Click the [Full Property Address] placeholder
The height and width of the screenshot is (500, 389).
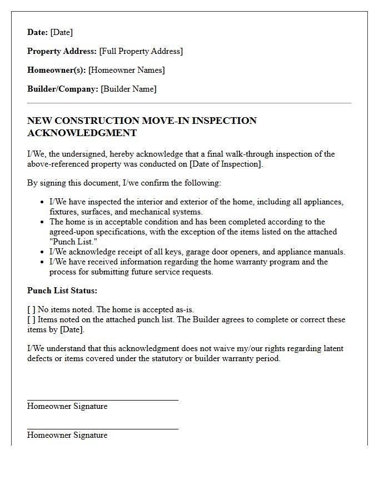click(141, 51)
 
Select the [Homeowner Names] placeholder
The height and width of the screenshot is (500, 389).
click(126, 70)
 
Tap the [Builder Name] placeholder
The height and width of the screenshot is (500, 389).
click(128, 89)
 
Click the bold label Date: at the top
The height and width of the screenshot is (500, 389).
click(37, 32)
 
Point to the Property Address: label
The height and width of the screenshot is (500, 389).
click(62, 51)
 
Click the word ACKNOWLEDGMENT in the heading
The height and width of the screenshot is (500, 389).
click(82, 133)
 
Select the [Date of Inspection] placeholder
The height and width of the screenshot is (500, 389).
click(225, 164)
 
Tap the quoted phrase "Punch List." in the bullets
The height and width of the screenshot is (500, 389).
click(73, 242)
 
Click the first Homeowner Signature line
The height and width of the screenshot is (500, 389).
click(102, 399)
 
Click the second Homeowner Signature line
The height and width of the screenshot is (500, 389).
click(102, 428)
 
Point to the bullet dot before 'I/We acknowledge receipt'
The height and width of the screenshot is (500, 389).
click(43, 252)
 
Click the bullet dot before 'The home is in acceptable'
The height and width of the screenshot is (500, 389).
click(43, 222)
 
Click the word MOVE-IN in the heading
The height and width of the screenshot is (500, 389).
click(166, 121)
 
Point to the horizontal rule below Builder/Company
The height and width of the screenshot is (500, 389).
click(189, 103)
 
